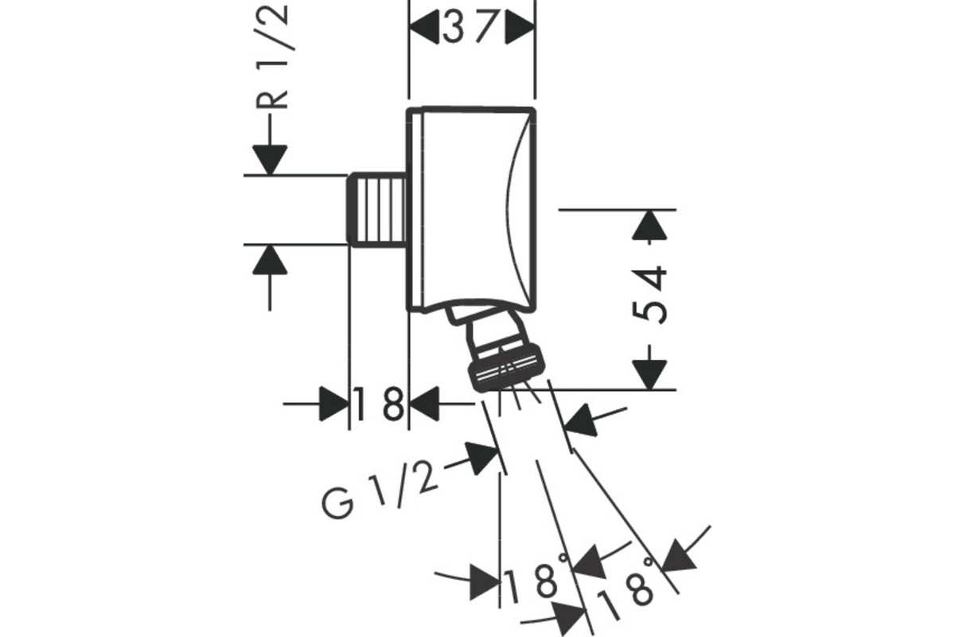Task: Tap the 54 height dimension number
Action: coord(649,295)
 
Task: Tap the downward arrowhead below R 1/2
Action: coord(270,160)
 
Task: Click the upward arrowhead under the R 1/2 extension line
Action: coord(270,260)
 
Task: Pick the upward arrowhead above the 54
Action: coord(649,225)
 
